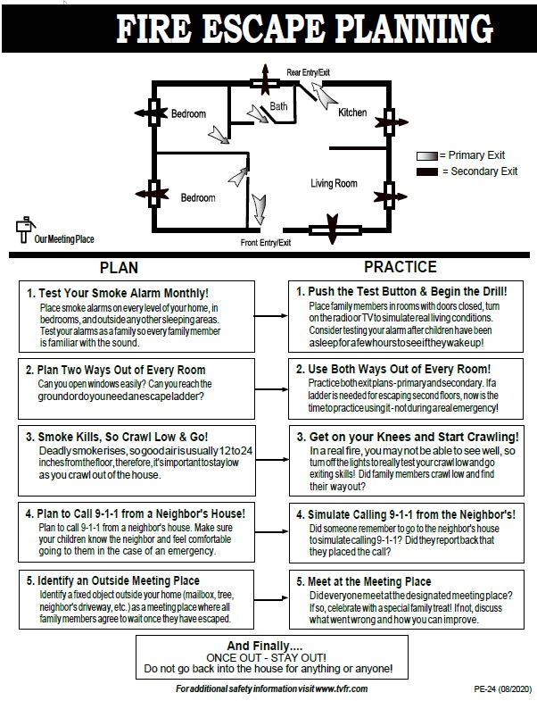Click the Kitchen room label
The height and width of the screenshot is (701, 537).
[x=352, y=113]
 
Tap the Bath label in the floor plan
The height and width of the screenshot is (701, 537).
[x=279, y=106]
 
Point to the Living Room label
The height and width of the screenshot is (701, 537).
[x=334, y=184]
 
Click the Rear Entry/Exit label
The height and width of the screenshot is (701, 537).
[x=307, y=71]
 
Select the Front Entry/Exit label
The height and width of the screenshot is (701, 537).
[x=266, y=243]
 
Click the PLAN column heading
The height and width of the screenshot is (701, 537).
[x=120, y=267]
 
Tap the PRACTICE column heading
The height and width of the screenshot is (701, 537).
[x=400, y=267]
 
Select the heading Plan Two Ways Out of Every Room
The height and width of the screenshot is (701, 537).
[x=115, y=370]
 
